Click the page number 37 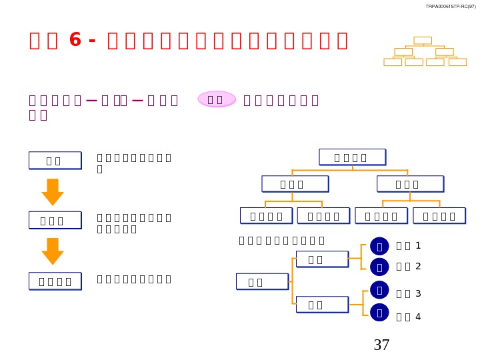pyautogui.click(x=381, y=345)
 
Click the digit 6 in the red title pyautogui.click(x=75, y=40)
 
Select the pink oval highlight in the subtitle pyautogui.click(x=217, y=99)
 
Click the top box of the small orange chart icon pyautogui.click(x=423, y=41)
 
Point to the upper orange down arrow pyautogui.click(x=53, y=192)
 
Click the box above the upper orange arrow pyautogui.click(x=55, y=161)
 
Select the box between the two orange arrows pyautogui.click(x=55, y=221)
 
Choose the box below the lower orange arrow pyautogui.click(x=55, y=281)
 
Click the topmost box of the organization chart pyautogui.click(x=352, y=157)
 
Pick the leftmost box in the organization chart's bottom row pyautogui.click(x=266, y=216)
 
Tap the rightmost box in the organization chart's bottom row pyautogui.click(x=439, y=216)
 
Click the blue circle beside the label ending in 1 pyautogui.click(x=379, y=246)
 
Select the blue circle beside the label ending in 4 pyautogui.click(x=379, y=311)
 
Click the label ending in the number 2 pyautogui.click(x=409, y=267)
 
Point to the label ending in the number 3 pyautogui.click(x=409, y=293)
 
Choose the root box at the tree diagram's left pyautogui.click(x=262, y=282)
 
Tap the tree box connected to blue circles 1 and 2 pyautogui.click(x=322, y=259)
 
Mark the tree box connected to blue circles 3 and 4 pyautogui.click(x=322, y=305)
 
